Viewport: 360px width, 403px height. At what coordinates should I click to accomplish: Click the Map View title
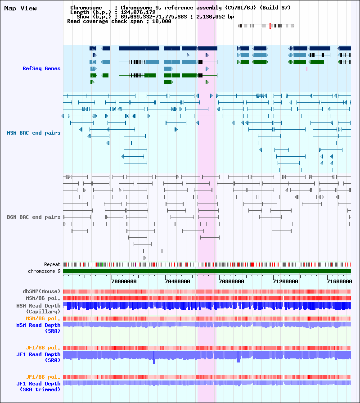pos(20,9)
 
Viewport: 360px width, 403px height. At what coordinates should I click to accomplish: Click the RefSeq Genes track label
pos(41,68)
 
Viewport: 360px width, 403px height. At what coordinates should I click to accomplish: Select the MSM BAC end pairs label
pos(34,133)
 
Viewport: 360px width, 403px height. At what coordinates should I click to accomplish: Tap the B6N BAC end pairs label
pos(34,217)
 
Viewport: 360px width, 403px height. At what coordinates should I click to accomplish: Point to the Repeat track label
pos(52,264)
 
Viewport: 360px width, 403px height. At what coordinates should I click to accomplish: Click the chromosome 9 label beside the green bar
pos(44,271)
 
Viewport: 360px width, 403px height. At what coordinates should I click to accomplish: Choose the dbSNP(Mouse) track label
pos(41,291)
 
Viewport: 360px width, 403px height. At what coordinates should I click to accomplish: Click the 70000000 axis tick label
pos(124,281)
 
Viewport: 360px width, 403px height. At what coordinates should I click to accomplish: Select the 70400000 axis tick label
pos(178,281)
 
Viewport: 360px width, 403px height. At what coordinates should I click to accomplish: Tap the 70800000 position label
pos(232,281)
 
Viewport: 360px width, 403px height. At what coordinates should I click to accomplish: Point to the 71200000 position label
pos(286,281)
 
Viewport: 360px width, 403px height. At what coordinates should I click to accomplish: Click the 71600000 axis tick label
pos(339,281)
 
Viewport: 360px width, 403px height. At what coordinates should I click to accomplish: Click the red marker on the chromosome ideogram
pos(270,26)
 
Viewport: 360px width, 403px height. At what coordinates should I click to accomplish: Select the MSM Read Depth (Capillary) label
pos(39,309)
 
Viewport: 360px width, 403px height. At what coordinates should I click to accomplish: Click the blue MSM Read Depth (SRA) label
pos(39,328)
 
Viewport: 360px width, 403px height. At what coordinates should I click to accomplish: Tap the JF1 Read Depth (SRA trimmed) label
pos(39,386)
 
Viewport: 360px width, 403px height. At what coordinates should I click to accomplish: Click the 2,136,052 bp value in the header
pos(215,17)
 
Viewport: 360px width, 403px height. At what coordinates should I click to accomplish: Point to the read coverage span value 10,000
pos(162,21)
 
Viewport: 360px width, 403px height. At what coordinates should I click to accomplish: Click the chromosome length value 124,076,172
pos(138,12)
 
